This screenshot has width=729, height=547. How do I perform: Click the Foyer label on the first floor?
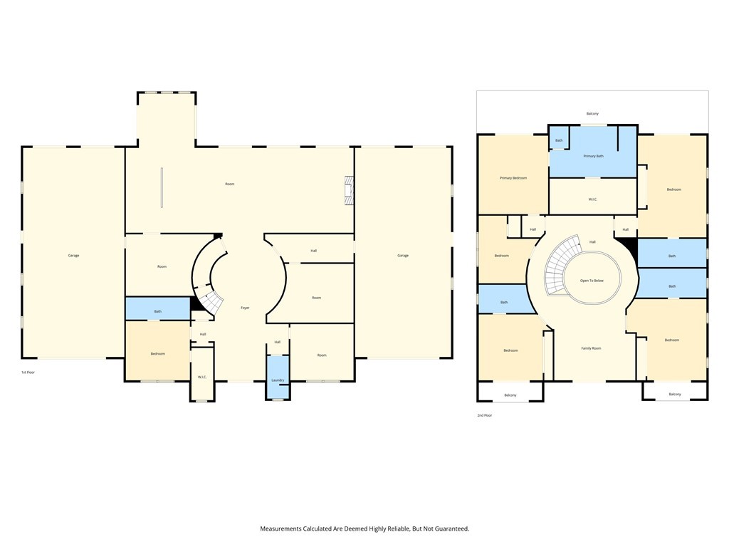pos(245,308)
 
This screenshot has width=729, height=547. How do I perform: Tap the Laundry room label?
pos(278,380)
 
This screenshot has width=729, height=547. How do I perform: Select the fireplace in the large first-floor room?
pos(348,190)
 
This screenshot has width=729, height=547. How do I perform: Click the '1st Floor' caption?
pos(28,373)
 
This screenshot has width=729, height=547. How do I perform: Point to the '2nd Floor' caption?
pos(484,415)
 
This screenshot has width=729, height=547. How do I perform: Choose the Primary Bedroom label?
pos(513,177)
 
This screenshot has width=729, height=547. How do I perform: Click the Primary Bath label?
pos(593,156)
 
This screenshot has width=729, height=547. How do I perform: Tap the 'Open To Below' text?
pos(592,281)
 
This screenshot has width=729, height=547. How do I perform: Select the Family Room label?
pos(591,348)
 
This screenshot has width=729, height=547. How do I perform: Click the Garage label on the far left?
pos(73,255)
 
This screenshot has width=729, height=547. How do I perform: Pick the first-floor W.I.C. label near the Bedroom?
pos(202,377)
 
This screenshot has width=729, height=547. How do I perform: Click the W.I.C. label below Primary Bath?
pos(593,199)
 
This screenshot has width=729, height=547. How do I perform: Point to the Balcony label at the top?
pos(592,114)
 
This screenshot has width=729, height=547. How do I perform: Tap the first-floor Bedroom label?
pos(157,354)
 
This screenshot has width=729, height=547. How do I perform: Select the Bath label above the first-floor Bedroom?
pos(157,311)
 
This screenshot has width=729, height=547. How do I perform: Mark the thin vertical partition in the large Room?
pos(162,188)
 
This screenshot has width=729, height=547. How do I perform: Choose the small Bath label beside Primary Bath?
pos(559,140)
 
